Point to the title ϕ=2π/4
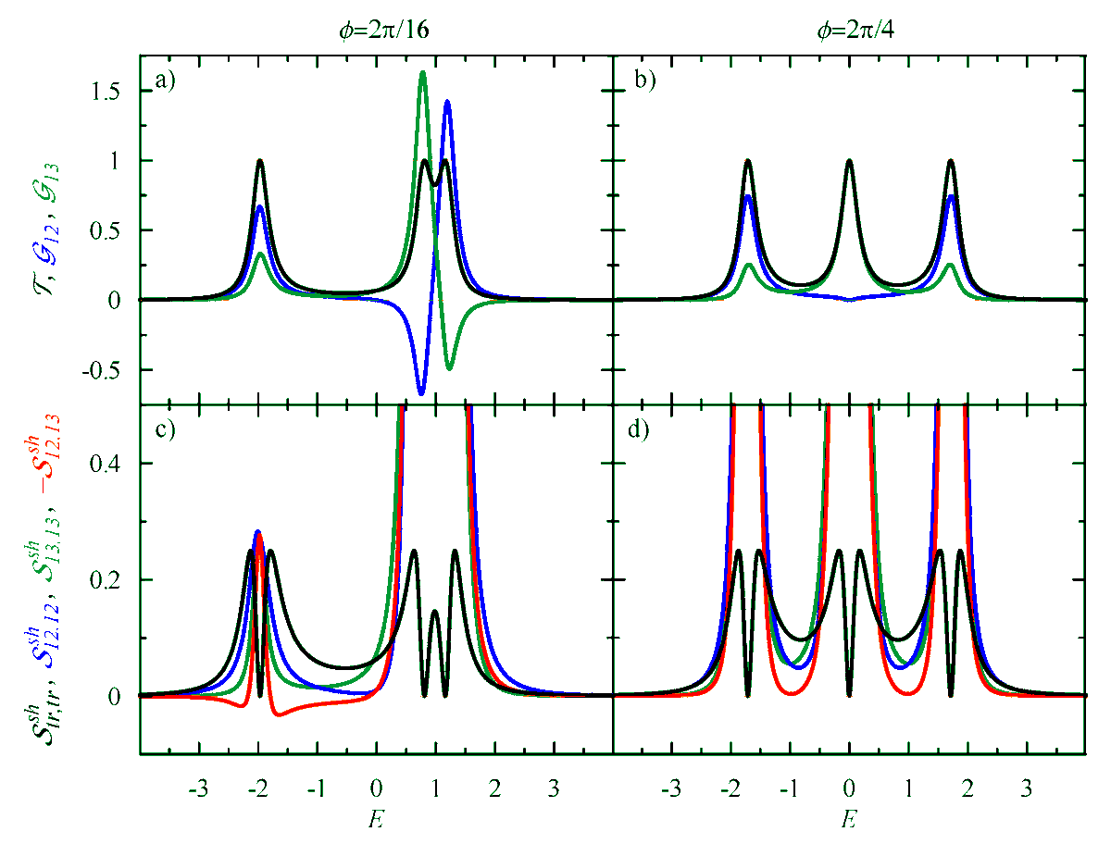click(849, 29)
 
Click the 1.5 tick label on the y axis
click(111, 92)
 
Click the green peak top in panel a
click(423, 72)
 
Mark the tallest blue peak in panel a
click(447, 102)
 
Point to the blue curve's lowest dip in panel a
click(421, 394)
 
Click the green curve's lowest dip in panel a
click(449, 368)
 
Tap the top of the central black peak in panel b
click(849, 161)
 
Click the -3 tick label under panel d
click(670, 791)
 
